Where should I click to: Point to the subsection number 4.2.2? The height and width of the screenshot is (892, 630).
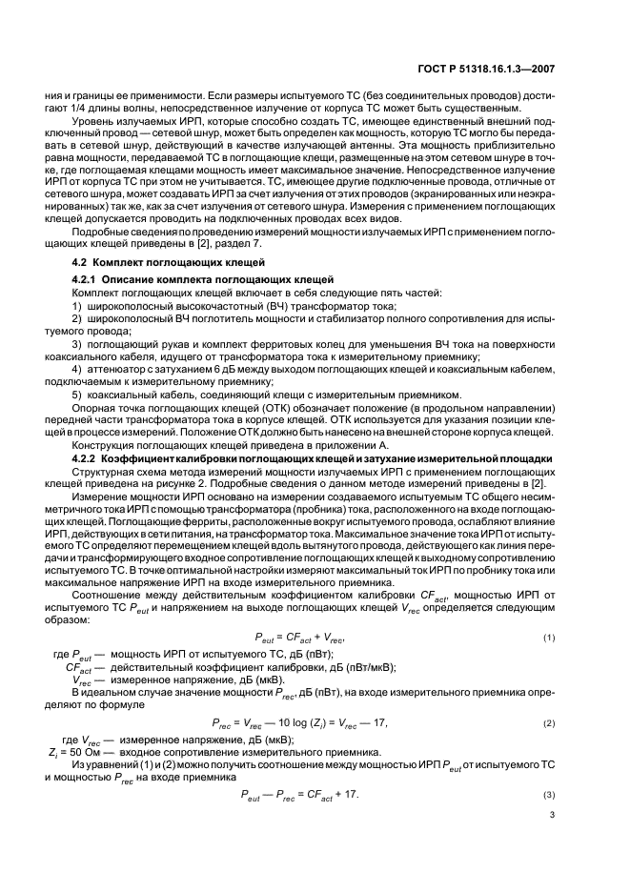tap(89, 459)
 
